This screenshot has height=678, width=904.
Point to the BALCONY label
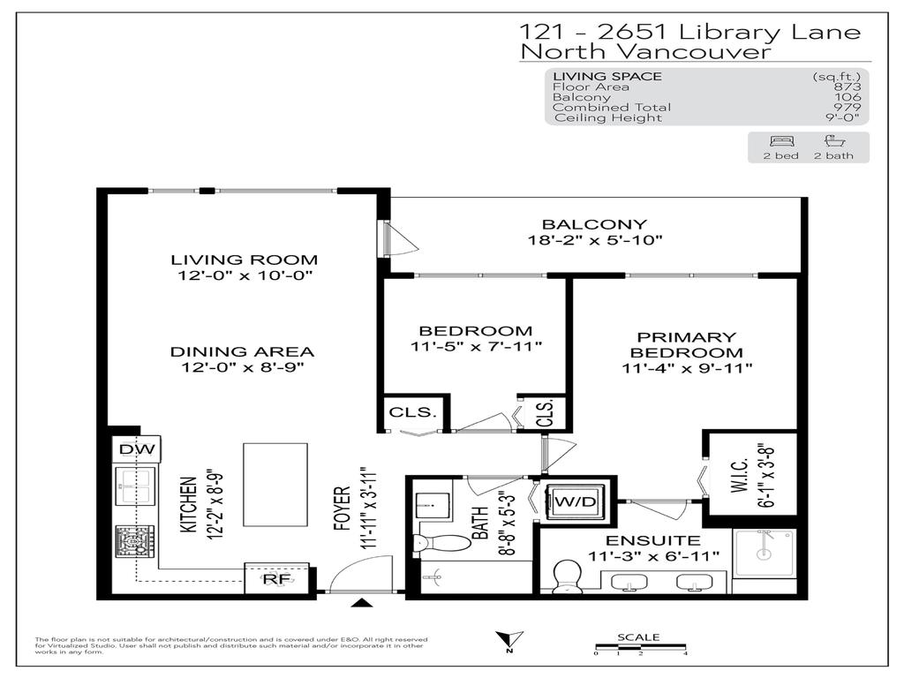(593, 224)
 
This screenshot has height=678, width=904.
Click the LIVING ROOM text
(245, 260)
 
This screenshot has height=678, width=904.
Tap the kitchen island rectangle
(275, 486)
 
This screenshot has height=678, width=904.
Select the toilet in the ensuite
(565, 576)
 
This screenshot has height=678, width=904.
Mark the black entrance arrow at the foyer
(361, 603)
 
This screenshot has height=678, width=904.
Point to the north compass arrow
(509, 641)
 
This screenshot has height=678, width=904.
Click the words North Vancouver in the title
(644, 52)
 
